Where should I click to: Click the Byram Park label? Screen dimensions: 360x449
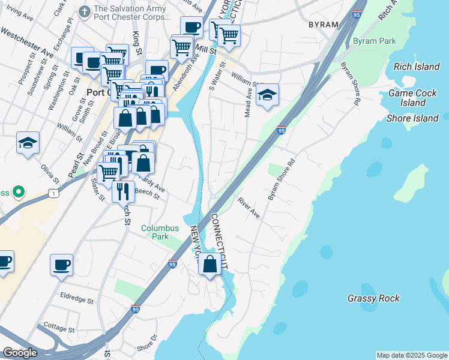tap(374, 41)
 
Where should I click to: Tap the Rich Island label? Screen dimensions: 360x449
tap(417, 67)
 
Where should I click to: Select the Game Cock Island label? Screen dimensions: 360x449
tap(415, 98)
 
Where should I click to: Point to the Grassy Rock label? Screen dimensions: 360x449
tap(373, 298)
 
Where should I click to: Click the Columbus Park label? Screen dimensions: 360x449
tap(160, 233)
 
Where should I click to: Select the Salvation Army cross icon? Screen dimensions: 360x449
tap(85, 10)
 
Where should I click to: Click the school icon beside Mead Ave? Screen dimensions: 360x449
tap(268, 95)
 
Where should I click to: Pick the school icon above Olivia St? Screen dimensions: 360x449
tap(28, 143)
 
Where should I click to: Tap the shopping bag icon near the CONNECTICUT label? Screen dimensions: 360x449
tap(210, 265)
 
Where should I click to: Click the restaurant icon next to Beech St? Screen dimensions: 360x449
tap(123, 191)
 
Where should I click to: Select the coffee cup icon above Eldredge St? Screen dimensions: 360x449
tap(62, 265)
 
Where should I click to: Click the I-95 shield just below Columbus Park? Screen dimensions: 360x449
tap(172, 263)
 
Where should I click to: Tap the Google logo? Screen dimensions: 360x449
tap(20, 352)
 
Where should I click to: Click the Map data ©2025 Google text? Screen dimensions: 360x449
tap(412, 355)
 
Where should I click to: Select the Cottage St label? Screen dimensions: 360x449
tap(59, 329)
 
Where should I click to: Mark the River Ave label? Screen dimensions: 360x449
tap(249, 208)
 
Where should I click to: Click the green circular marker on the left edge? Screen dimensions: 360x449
tap(19, 193)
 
